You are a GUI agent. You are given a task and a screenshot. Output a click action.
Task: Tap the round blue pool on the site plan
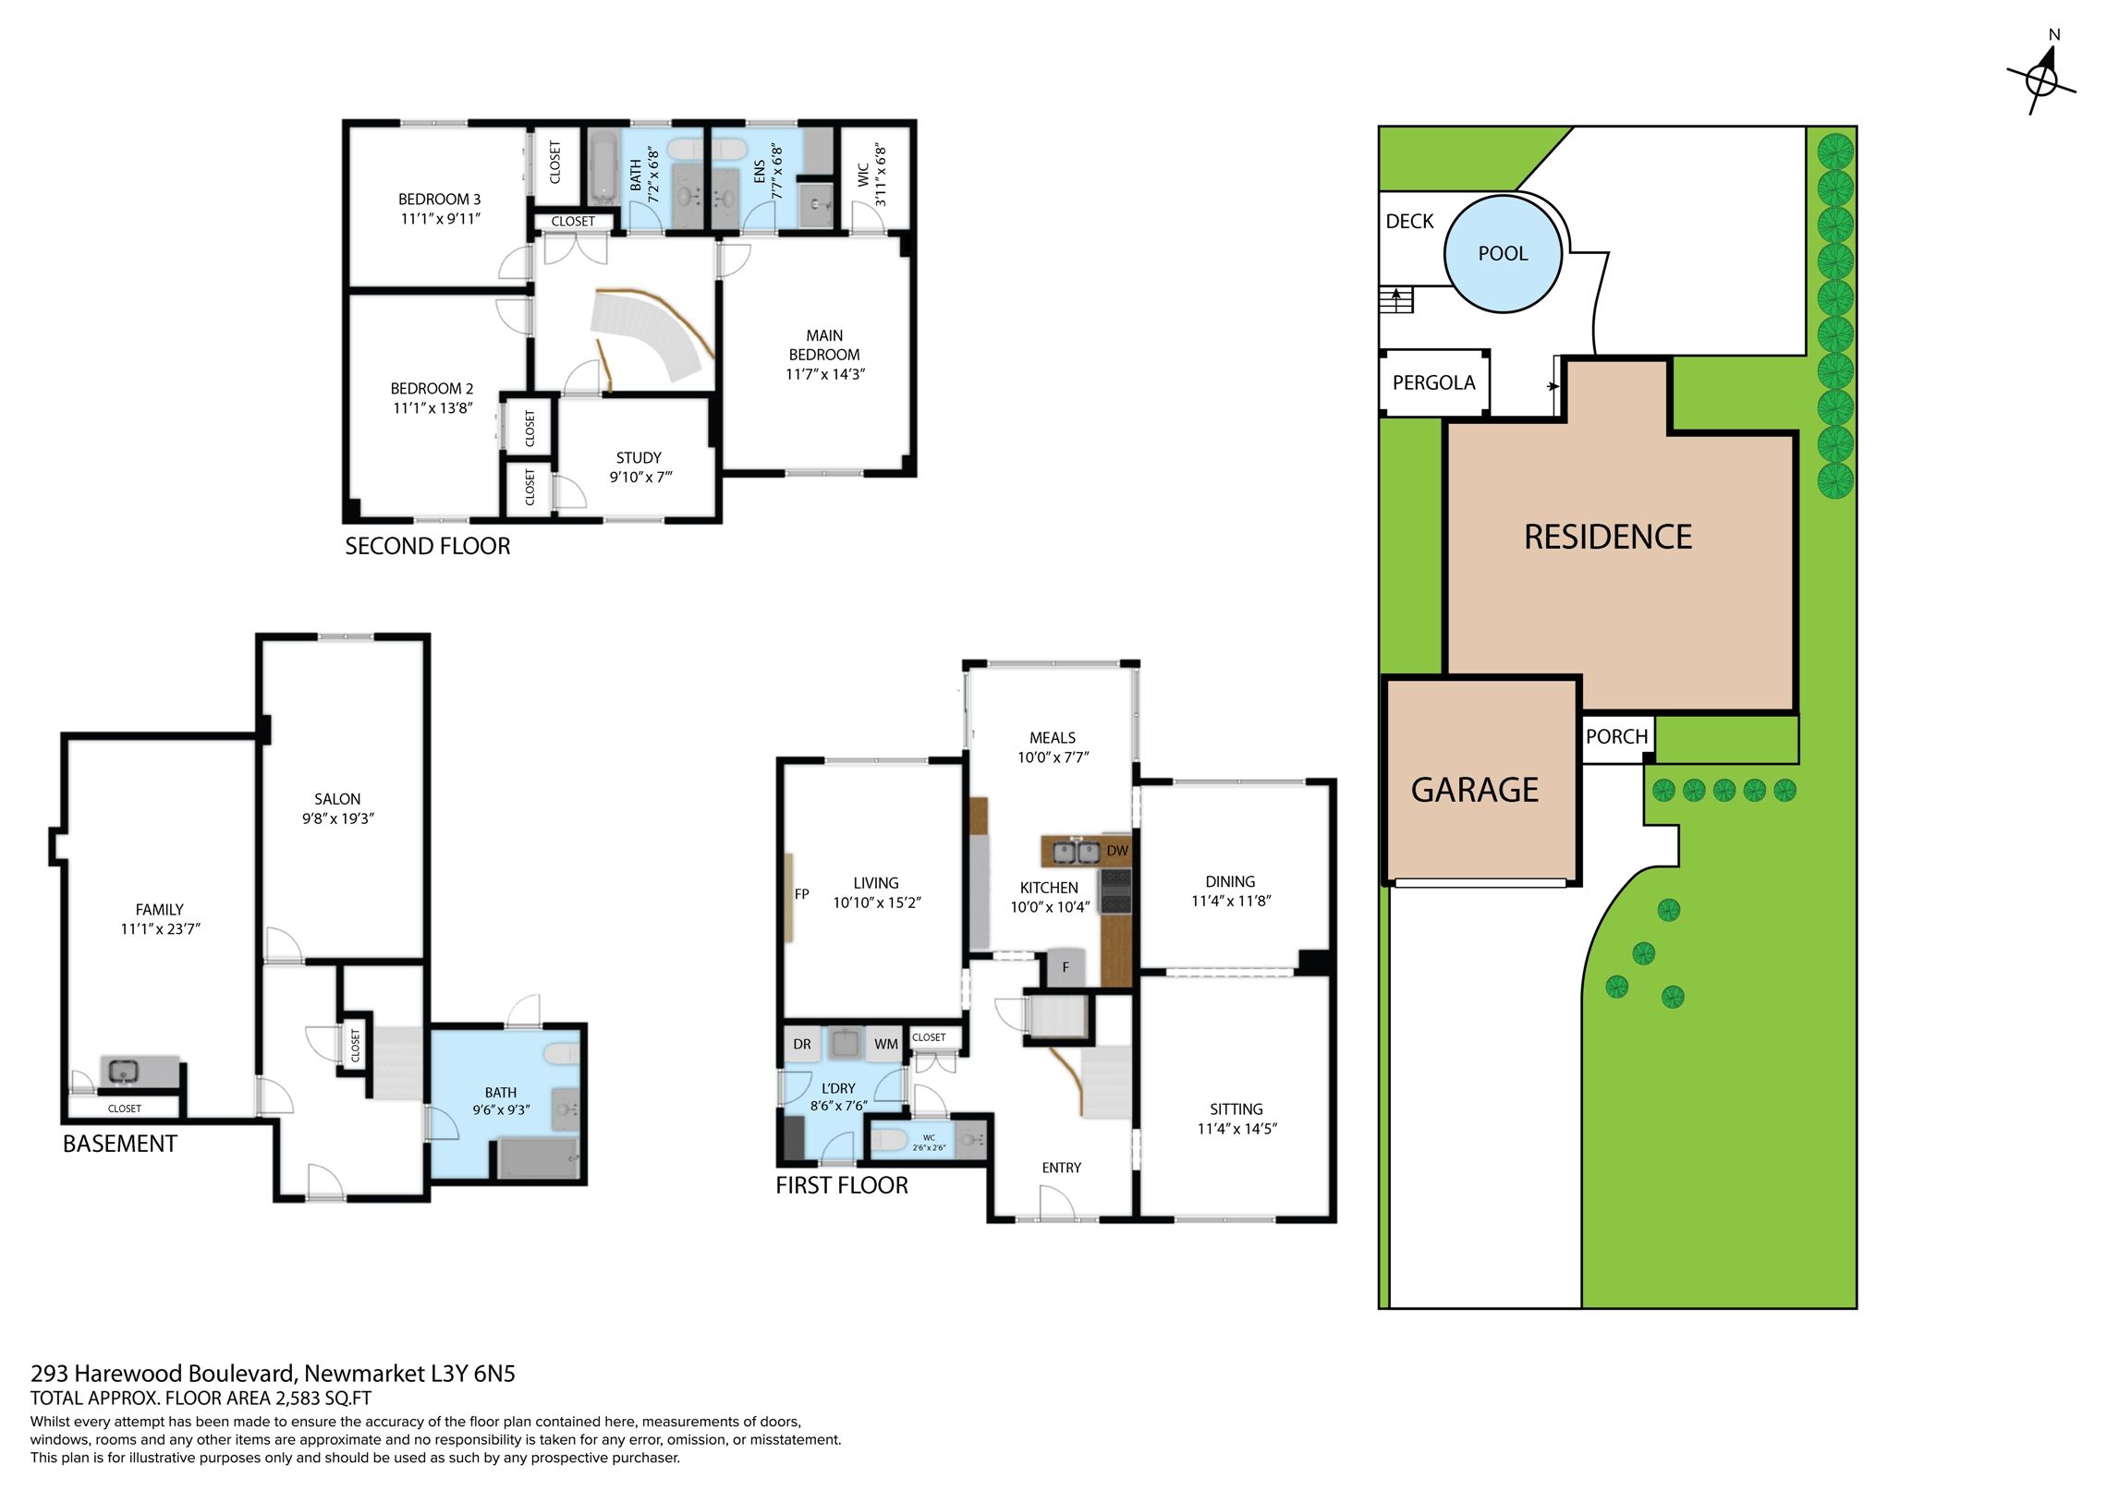pyautogui.click(x=1503, y=254)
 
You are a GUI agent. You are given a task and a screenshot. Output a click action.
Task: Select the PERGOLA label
pyautogui.click(x=1433, y=382)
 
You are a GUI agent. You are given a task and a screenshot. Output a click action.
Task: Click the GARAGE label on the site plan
pyautogui.click(x=1475, y=790)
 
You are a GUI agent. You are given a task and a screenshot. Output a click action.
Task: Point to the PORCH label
pyautogui.click(x=1616, y=736)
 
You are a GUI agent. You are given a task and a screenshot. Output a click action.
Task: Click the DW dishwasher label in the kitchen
pyautogui.click(x=1117, y=851)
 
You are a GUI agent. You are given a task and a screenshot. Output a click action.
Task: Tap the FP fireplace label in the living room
pyautogui.click(x=801, y=894)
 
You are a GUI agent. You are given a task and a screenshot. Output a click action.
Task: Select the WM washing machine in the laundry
pyautogui.click(x=885, y=1044)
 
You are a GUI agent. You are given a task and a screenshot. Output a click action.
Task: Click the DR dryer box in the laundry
pyautogui.click(x=802, y=1044)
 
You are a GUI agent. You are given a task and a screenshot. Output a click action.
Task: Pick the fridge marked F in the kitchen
pyautogui.click(x=1066, y=967)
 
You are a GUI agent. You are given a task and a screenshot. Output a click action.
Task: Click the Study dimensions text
pyautogui.click(x=640, y=478)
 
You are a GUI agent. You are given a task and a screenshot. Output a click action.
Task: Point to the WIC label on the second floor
pyautogui.click(x=863, y=175)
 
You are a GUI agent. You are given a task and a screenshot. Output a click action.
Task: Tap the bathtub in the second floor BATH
pyautogui.click(x=603, y=167)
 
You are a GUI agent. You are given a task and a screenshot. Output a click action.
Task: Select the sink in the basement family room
pyautogui.click(x=122, y=1072)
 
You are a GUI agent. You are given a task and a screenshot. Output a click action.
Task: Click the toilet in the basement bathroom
pyautogui.click(x=561, y=1053)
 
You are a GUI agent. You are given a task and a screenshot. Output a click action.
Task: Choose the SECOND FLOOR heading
pyautogui.click(x=427, y=546)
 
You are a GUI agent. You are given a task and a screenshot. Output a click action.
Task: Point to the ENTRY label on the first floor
pyautogui.click(x=1061, y=1168)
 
